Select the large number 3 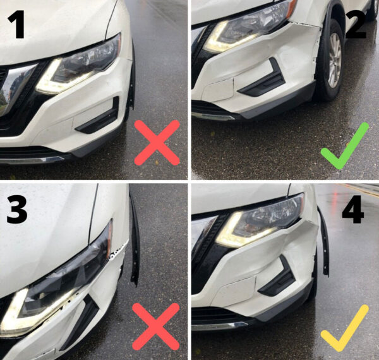(x=17, y=209)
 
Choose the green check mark (x=344, y=147)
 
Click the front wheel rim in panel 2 (x=334, y=60)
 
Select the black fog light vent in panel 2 (x=265, y=80)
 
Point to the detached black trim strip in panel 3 (x=135, y=240)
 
